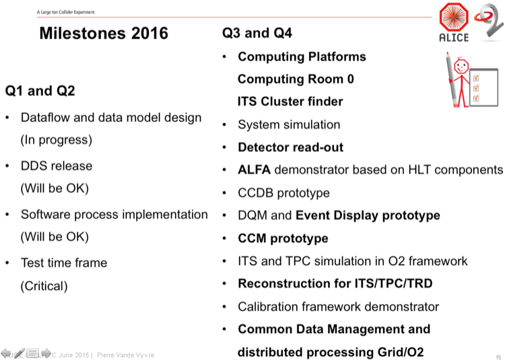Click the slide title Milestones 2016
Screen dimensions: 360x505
point(103,33)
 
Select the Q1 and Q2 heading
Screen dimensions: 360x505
point(40,90)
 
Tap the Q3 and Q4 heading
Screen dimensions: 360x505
point(257,33)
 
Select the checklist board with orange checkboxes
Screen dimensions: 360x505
point(483,86)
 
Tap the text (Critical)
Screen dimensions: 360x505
point(44,286)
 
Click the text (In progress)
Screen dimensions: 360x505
point(57,140)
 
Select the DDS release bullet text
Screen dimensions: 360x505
point(57,166)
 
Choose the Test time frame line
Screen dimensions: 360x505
point(64,262)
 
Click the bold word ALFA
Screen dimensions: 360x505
point(254,170)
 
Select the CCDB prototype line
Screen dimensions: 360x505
point(283,193)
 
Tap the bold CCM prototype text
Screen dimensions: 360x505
point(283,238)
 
